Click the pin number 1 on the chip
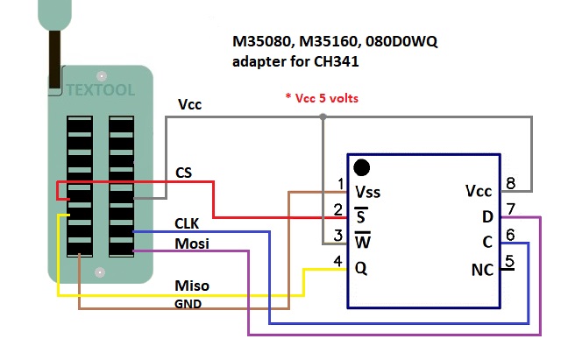coord(339,183)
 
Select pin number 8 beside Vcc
coord(510,184)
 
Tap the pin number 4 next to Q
coord(338,261)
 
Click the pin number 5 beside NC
coord(510,260)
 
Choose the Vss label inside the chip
coord(368,191)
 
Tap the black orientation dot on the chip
coord(360,166)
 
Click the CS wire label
coord(184,171)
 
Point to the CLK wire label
coord(188,225)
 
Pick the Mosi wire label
coord(192,243)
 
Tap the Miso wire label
coord(192,286)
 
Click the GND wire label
coord(188,304)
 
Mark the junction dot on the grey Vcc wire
coord(323,116)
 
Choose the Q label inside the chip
coord(360,268)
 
